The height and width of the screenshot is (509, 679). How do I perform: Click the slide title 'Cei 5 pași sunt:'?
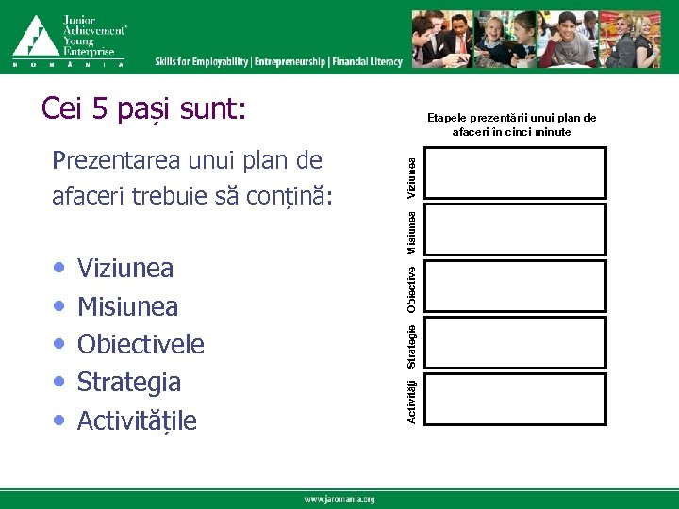[x=143, y=111]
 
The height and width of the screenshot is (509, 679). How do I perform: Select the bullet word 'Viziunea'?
[x=125, y=269]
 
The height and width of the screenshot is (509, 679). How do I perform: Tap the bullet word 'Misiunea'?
[x=127, y=306]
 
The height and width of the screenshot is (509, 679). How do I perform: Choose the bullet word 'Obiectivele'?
[x=141, y=344]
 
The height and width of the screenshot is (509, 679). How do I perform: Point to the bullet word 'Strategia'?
[x=129, y=382]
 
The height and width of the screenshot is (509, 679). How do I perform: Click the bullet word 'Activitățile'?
[x=138, y=420]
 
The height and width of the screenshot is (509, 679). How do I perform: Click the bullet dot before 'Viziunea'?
[x=60, y=269]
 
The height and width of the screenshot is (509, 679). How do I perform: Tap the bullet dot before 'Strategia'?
[x=60, y=382]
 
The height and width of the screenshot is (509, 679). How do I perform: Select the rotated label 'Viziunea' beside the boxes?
[x=411, y=176]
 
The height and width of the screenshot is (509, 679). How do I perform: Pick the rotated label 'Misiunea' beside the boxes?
[x=411, y=232]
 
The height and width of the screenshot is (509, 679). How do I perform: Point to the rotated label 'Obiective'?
[x=411, y=288]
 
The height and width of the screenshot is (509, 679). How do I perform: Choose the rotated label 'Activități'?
[x=411, y=400]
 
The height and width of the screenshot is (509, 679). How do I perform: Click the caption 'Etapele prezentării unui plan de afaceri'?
[x=512, y=124]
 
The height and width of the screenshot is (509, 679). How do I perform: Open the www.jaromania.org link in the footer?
[x=339, y=500]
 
